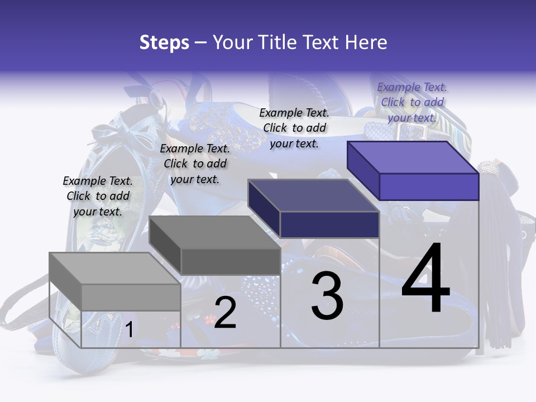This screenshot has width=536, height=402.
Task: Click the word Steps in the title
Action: pyautogui.click(x=164, y=43)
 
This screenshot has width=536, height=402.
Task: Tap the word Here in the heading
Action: pyautogui.click(x=367, y=43)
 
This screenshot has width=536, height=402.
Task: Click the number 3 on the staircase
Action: pyautogui.click(x=327, y=296)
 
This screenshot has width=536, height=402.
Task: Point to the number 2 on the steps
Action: pyautogui.click(x=225, y=313)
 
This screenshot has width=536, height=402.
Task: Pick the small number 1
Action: pyautogui.click(x=129, y=330)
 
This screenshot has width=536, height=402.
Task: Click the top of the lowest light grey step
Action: pyautogui.click(x=114, y=269)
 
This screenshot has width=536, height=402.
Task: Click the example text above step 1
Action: pyautogui.click(x=98, y=196)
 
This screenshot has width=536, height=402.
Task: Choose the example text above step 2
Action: pyautogui.click(x=195, y=164)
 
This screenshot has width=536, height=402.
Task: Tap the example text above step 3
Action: pyautogui.click(x=294, y=128)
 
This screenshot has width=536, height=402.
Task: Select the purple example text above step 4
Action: pyautogui.click(x=412, y=102)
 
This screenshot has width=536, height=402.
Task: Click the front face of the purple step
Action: pyautogui.click(x=429, y=186)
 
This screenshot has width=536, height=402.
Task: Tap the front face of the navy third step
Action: pyautogui.click(x=329, y=224)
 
